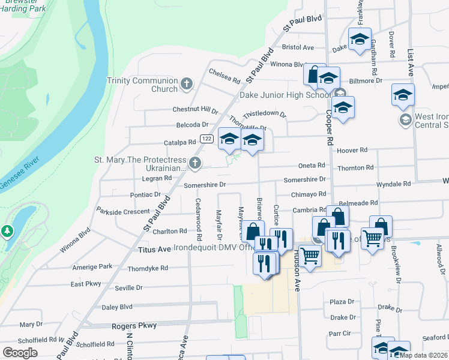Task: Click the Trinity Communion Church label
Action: point(142,85)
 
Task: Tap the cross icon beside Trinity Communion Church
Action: point(187,83)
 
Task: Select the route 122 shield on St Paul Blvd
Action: point(206,139)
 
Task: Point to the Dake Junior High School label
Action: point(285,95)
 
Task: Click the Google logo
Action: point(20,352)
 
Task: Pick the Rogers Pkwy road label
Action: point(134,326)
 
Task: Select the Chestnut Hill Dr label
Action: point(195,110)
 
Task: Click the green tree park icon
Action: point(7,230)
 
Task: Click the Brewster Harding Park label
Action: point(26,7)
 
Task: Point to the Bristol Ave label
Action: point(298,47)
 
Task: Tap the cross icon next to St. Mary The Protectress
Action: point(194,162)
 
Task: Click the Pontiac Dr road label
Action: point(145,195)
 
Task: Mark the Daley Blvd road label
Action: point(116,307)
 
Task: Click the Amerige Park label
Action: point(92,266)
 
